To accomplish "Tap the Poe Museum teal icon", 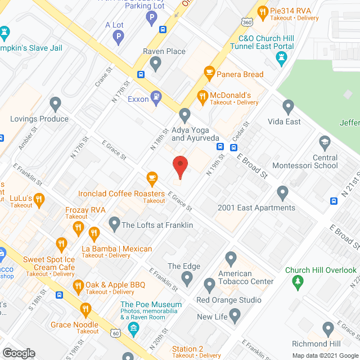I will pyautogui.click(x=134, y=327).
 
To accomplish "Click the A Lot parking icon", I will pyautogui.click(x=118, y=38).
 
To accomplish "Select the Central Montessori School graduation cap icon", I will pyautogui.click(x=325, y=143).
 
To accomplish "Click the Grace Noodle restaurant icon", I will pyautogui.click(x=85, y=309).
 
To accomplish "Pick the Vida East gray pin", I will pyautogui.click(x=289, y=106).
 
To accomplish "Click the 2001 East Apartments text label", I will pyautogui.click(x=256, y=208).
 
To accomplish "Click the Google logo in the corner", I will pyautogui.click(x=19, y=353).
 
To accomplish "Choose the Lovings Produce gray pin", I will pyautogui.click(x=55, y=103).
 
